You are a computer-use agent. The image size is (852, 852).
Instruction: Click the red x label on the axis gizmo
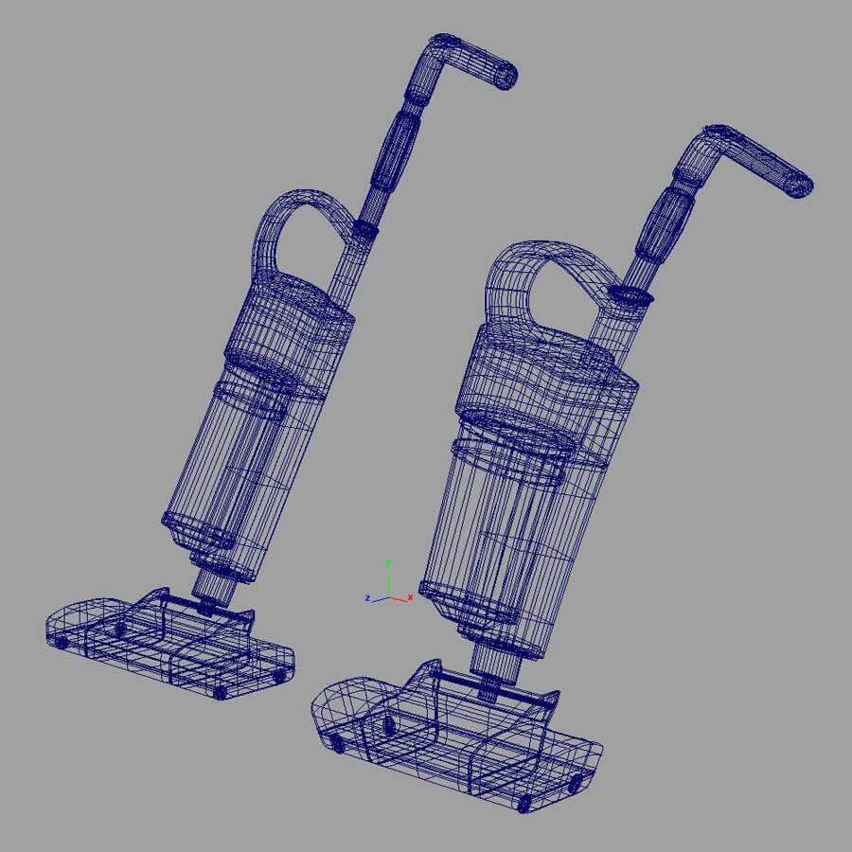click(x=409, y=597)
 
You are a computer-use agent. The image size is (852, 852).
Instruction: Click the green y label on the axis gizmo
click(x=387, y=563)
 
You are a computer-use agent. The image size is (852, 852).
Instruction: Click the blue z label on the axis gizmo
click(x=366, y=598)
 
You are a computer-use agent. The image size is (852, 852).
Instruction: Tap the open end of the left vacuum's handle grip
click(x=507, y=76)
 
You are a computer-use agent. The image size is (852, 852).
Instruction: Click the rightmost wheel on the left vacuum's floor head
click(x=278, y=676)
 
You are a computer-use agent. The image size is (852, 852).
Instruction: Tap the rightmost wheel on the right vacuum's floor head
click(x=575, y=783)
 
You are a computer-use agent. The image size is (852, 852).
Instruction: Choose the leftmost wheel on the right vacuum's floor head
click(x=338, y=745)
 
